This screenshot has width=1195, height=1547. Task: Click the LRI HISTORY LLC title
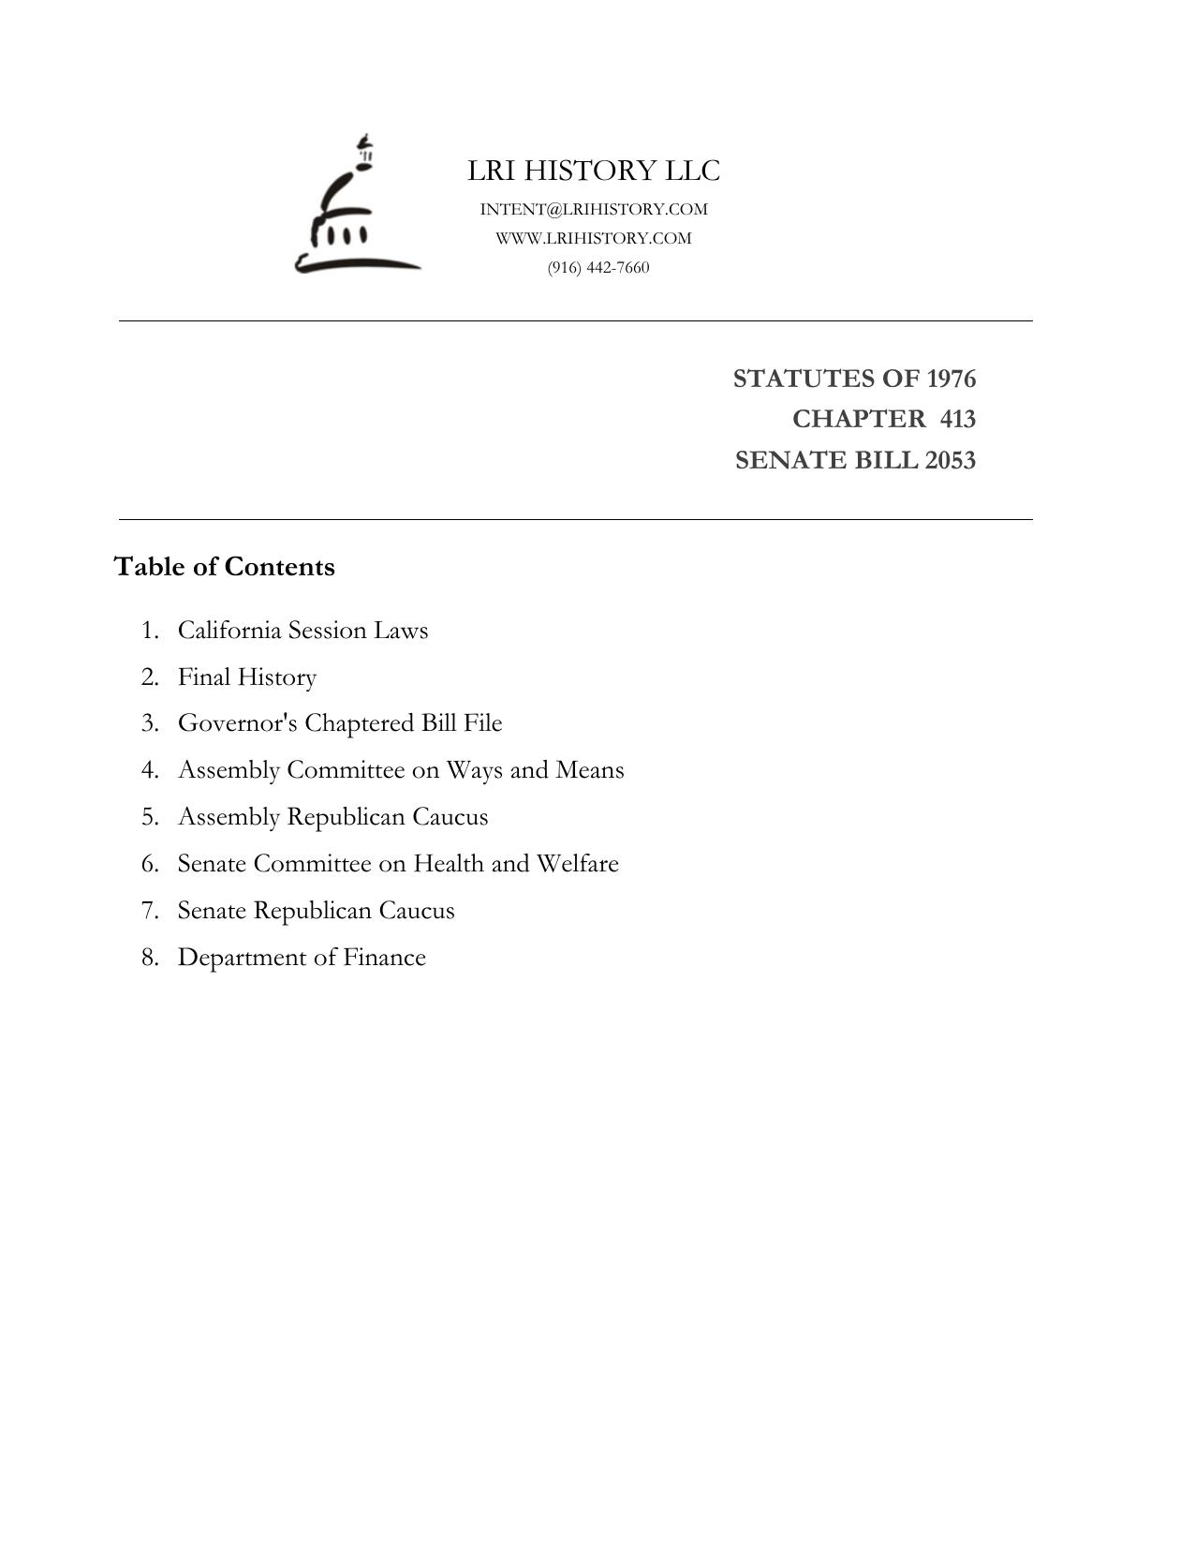point(594,171)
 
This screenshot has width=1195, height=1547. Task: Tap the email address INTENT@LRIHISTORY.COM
point(594,209)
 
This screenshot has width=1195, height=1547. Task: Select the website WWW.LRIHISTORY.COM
point(594,238)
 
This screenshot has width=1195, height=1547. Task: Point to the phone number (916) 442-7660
point(598,267)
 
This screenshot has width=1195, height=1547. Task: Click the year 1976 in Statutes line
point(951,379)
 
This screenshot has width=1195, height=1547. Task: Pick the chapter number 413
point(957,419)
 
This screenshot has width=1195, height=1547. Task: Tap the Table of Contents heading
point(224,567)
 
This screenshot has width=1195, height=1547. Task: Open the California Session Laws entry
point(302,630)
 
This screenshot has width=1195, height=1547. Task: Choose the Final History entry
point(247,677)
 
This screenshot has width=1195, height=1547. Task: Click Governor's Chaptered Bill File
point(340,723)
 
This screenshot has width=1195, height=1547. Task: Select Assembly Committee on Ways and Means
point(401,770)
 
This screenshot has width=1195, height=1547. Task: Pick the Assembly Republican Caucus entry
point(332,817)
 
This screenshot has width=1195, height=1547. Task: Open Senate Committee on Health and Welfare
point(398,864)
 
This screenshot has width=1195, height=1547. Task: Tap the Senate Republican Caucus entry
point(316,911)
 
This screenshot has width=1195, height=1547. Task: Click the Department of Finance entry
point(302,958)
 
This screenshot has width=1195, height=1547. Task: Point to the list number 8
point(150,958)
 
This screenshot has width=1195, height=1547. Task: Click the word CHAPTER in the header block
point(858,419)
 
